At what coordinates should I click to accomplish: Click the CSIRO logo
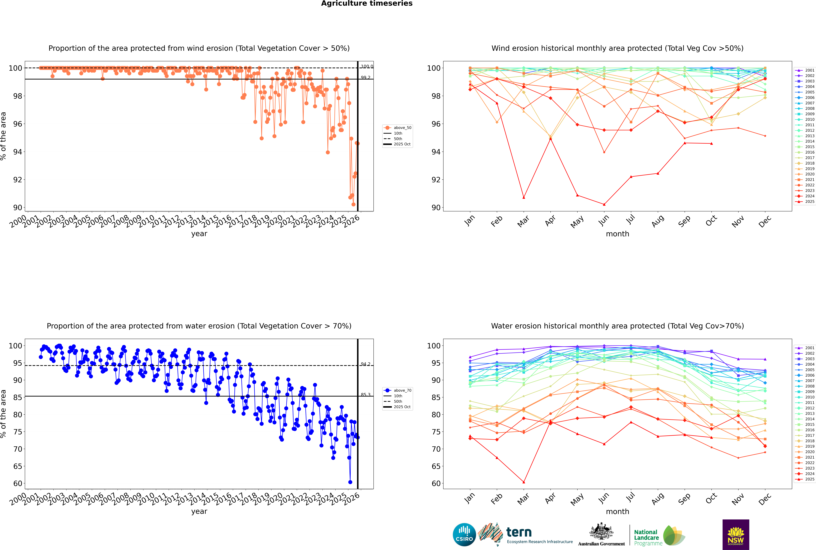464,535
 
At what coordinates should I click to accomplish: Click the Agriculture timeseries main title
367,3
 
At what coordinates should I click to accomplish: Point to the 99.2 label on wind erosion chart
366,77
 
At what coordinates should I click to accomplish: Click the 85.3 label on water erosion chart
366,395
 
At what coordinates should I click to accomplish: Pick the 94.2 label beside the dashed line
366,364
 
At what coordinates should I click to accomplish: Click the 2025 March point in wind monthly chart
524,198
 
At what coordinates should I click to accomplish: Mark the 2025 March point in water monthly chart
524,482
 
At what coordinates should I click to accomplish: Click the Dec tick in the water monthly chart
765,499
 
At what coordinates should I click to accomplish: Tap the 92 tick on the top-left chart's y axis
17,180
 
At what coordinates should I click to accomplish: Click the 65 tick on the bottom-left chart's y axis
17,466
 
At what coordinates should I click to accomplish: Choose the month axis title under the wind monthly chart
617,234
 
